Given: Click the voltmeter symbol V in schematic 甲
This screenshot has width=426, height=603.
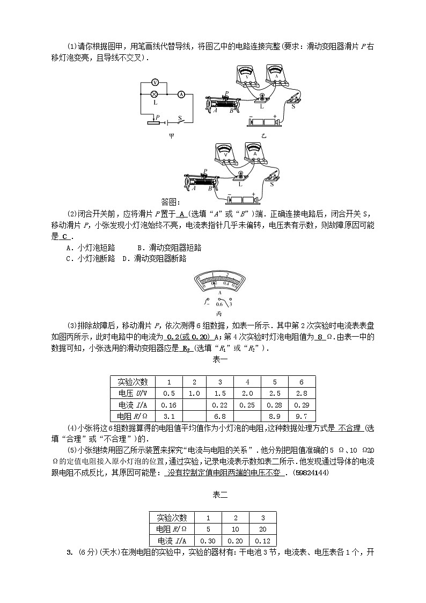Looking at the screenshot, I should pos(155,82).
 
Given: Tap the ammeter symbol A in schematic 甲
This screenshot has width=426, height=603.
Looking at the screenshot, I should pos(181,94).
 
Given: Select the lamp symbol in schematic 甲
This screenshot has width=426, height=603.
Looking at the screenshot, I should pos(155,94).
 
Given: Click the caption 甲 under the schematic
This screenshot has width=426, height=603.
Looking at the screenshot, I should pos(171,136).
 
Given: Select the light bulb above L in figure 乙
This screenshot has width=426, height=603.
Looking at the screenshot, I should pos(262,96).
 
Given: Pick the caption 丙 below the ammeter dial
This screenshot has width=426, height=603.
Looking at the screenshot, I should pos(219,313).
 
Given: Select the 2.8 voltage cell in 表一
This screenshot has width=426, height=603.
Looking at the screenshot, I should pos(302,393).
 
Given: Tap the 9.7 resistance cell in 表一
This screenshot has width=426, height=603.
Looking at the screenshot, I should pos(302,416).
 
